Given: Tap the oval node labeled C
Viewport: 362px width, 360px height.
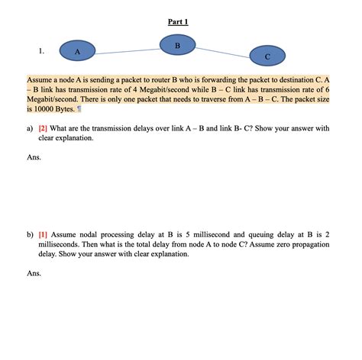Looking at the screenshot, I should coord(267,56).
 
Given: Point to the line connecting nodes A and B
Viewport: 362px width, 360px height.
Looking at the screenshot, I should coord(128,51).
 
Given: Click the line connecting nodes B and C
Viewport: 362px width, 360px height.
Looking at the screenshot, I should coord(223,52).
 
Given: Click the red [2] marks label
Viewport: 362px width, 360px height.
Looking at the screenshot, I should coord(44,130).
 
